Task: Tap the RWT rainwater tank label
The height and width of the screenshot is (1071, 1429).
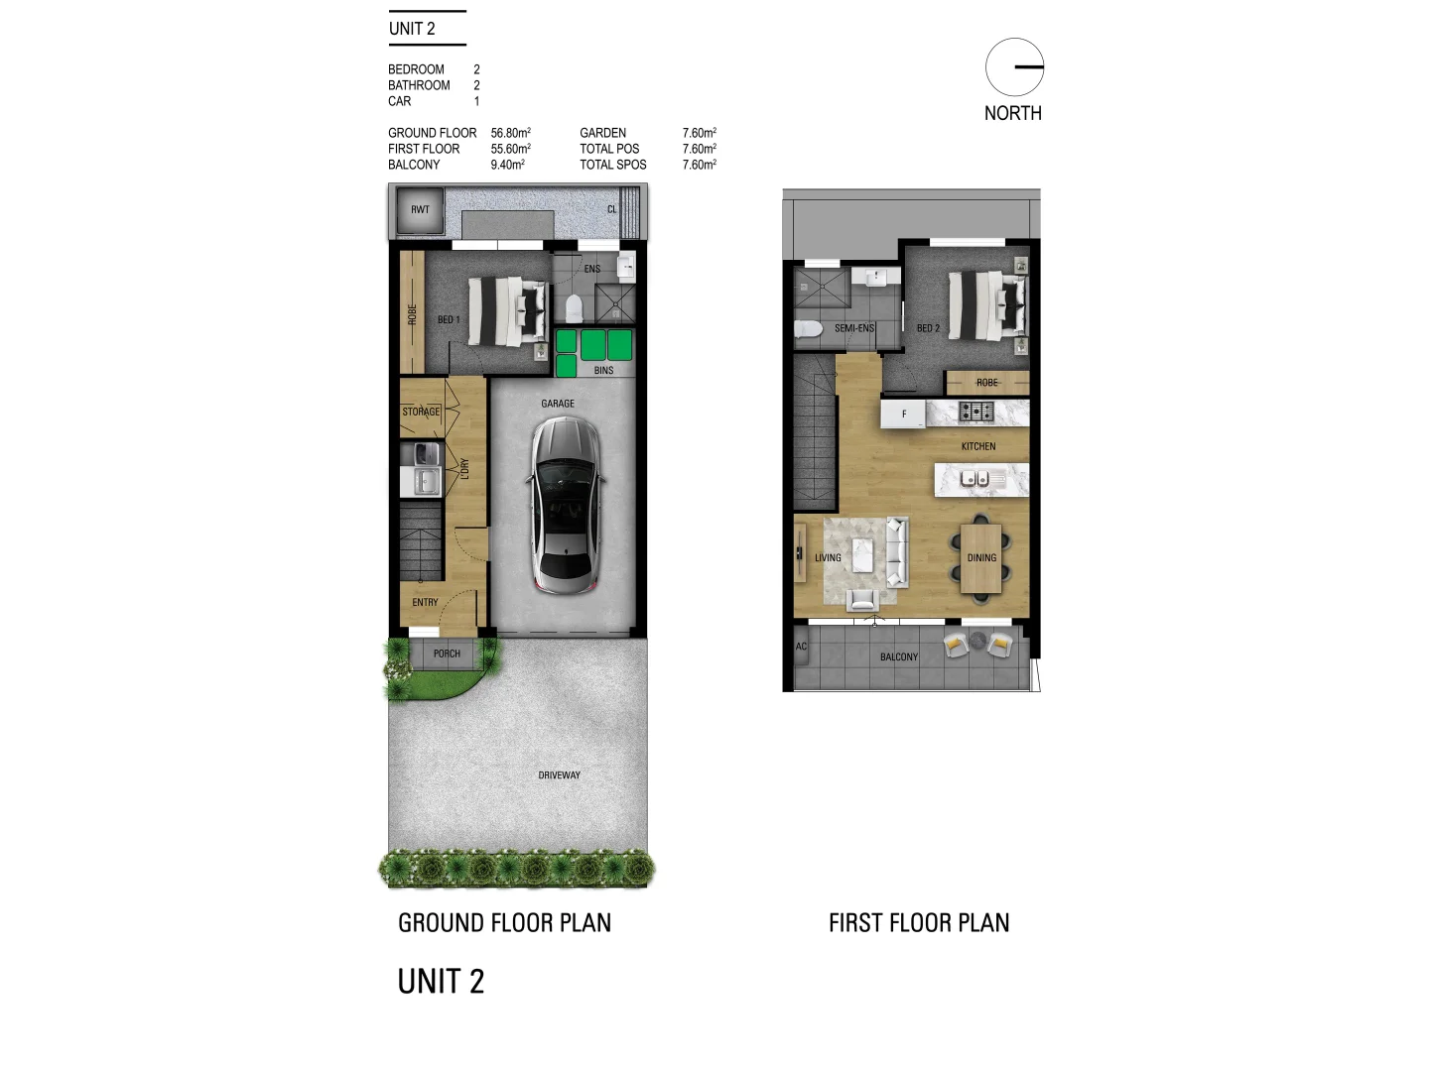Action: pyautogui.click(x=420, y=209)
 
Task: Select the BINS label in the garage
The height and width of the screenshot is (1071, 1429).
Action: pyautogui.click(x=603, y=370)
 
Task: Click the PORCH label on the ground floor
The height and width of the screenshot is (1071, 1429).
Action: pyautogui.click(x=447, y=654)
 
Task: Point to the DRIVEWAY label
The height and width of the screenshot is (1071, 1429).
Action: pyautogui.click(x=560, y=775)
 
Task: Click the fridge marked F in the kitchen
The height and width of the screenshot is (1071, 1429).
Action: pyautogui.click(x=903, y=414)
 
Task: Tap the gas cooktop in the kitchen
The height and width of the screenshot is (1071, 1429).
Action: pyautogui.click(x=975, y=412)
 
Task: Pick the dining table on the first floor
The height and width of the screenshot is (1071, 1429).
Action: pyautogui.click(x=981, y=558)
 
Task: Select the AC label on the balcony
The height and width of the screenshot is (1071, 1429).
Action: pyautogui.click(x=801, y=647)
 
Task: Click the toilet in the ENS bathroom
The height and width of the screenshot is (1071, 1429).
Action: pyautogui.click(x=574, y=308)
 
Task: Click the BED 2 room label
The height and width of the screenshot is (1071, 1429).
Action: pyautogui.click(x=928, y=328)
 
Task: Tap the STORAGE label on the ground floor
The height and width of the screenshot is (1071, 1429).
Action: pyautogui.click(x=421, y=412)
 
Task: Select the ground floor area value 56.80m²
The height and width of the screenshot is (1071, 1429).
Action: pyautogui.click(x=510, y=133)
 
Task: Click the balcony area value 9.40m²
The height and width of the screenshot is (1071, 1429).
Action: pyautogui.click(x=507, y=165)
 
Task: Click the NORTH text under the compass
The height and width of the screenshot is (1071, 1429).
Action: pyautogui.click(x=1012, y=113)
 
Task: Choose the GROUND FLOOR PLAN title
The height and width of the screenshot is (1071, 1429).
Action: pyautogui.click(x=504, y=922)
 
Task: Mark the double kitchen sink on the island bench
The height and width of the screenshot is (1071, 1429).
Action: pyautogui.click(x=974, y=479)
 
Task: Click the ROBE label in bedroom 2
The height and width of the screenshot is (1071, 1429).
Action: pyautogui.click(x=987, y=383)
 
